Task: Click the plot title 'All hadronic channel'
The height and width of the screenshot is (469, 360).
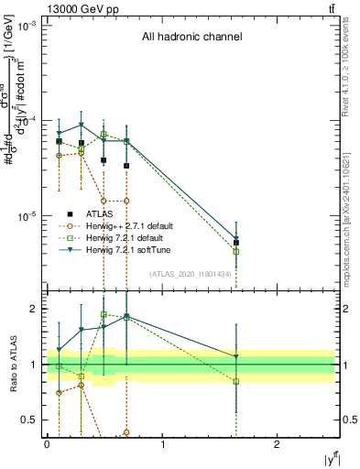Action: pyautogui.click(x=191, y=38)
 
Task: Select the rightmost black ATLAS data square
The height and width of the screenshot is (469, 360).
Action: pyautogui.click(x=236, y=243)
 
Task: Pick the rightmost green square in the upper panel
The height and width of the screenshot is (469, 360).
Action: pyautogui.click(x=236, y=251)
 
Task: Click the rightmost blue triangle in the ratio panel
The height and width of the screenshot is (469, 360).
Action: pyautogui.click(x=236, y=356)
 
